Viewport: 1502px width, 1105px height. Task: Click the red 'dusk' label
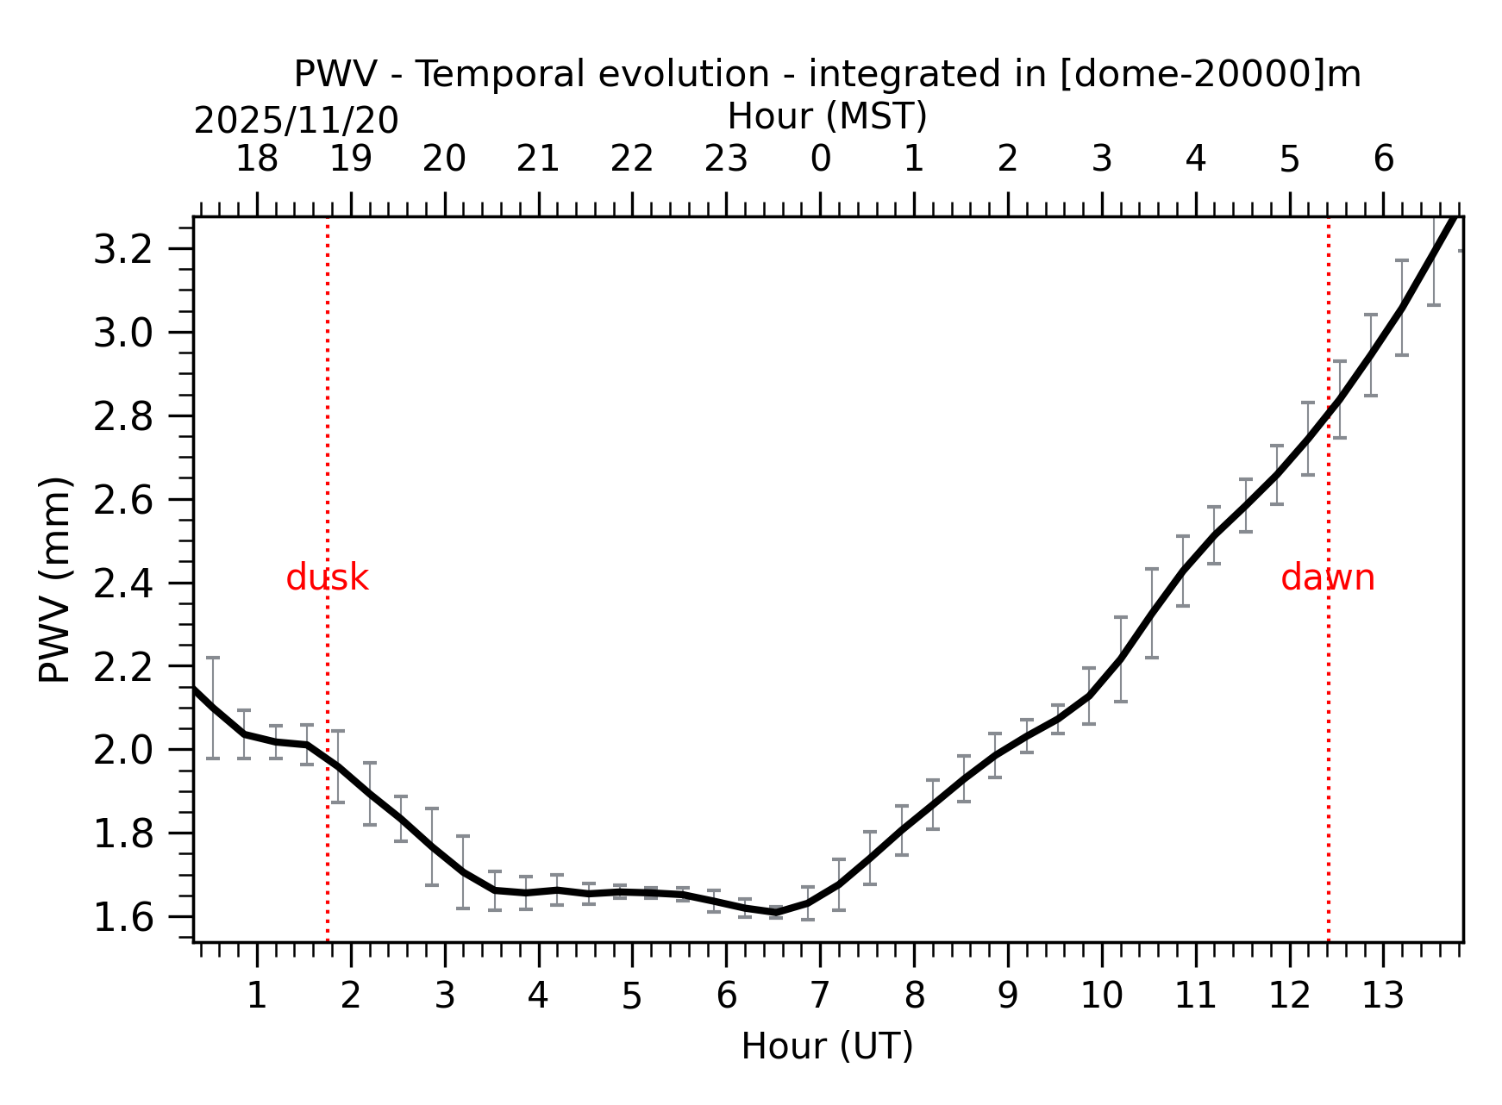pos(327,577)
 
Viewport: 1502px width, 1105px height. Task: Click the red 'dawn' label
pos(1327,577)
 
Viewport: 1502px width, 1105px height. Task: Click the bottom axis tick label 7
pos(820,996)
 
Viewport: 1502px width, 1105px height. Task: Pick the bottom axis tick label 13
pos(1383,996)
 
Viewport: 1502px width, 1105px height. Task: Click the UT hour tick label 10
pos(1101,996)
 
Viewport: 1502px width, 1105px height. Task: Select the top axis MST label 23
pos(726,159)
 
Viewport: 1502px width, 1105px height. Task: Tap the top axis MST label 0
pos(820,159)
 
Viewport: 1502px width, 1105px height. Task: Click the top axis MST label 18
pos(257,159)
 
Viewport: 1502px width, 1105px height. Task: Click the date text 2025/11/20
pos(296,121)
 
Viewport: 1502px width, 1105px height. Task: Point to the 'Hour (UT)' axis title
pos(827,1046)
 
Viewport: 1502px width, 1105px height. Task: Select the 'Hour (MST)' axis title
pos(827,116)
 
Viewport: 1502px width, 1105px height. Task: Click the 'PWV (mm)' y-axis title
pos(55,579)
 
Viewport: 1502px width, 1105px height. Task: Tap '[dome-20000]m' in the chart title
pos(1210,74)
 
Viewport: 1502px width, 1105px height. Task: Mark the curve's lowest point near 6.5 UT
pos(776,912)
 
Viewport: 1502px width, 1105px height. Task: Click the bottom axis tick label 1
pos(257,996)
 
